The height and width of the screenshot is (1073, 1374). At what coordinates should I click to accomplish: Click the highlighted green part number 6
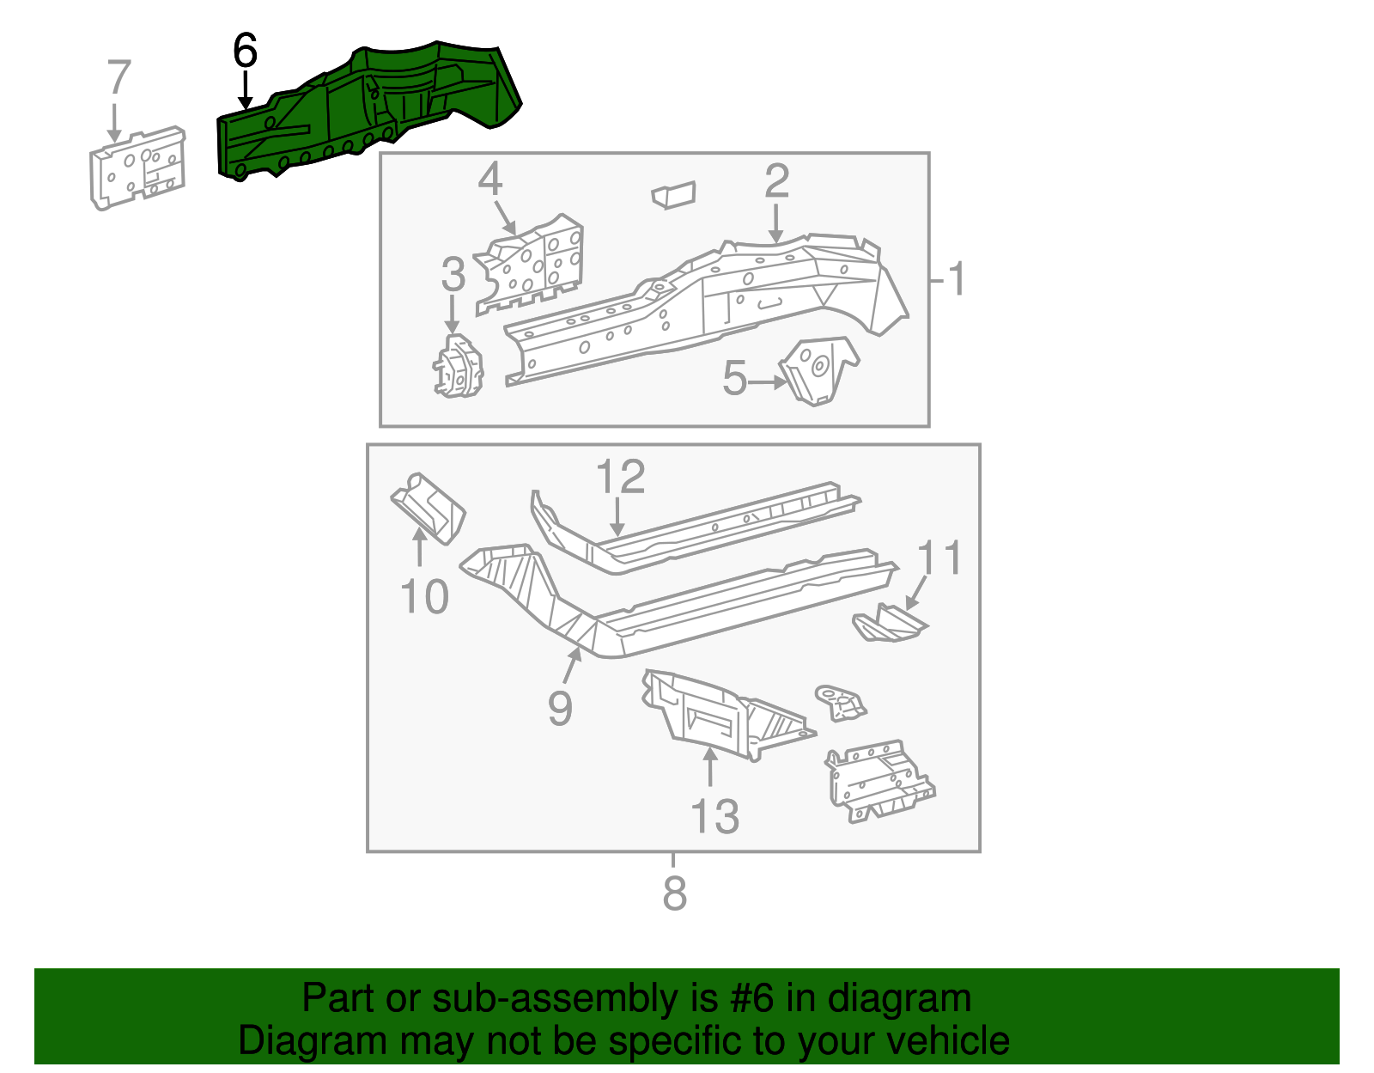369,107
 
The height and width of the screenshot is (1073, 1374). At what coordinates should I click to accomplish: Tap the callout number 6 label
245,52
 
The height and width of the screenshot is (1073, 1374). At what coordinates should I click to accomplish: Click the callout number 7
119,77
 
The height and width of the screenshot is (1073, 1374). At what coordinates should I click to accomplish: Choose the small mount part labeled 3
458,368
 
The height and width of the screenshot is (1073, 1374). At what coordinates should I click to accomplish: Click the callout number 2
776,181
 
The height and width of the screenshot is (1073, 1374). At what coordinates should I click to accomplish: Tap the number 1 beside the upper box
956,279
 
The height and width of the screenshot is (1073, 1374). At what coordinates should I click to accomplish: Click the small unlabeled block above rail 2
674,195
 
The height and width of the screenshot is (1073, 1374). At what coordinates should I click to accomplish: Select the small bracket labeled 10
428,508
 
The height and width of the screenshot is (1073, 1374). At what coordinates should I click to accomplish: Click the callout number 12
620,477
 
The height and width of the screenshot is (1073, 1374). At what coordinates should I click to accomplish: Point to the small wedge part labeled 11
889,623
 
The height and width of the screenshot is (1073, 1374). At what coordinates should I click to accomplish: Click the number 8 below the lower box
674,893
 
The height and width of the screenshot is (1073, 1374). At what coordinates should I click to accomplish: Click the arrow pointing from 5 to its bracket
767,382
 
